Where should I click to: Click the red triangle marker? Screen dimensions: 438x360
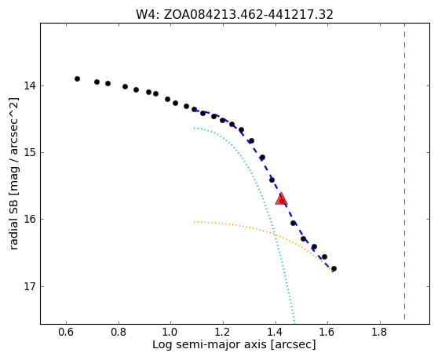pos(281,198)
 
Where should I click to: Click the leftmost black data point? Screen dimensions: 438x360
pos(78,79)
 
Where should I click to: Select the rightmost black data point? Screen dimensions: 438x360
pos(334,269)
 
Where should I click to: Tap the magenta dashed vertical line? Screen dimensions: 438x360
pos(404,172)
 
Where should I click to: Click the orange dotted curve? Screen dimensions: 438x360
pos(268,231)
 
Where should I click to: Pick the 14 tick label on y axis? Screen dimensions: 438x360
pos(30,85)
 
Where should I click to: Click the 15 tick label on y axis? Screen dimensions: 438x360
pos(30,152)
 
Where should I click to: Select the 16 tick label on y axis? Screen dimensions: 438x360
pos(30,220)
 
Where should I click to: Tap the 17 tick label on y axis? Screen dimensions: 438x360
pos(30,286)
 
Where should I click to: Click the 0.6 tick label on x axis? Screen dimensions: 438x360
pos(66,332)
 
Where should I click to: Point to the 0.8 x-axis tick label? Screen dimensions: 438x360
pos(119,332)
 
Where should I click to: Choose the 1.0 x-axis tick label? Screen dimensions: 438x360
pos(171,332)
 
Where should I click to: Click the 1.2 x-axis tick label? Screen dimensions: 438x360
pos(223,332)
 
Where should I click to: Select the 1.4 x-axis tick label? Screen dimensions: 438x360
pos(276,332)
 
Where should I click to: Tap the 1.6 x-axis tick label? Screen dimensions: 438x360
pos(328,332)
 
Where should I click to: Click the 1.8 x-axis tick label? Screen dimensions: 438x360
pos(380,332)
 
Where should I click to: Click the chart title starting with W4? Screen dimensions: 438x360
pos(235,15)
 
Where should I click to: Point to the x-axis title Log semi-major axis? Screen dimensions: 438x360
pos(234,345)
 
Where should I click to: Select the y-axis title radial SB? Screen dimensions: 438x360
pos(13,173)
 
